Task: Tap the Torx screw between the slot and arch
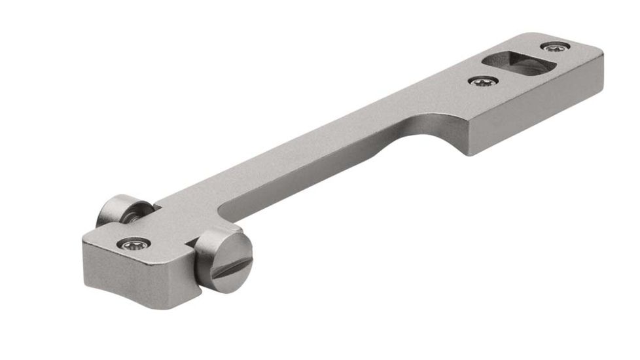pos(484,81)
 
